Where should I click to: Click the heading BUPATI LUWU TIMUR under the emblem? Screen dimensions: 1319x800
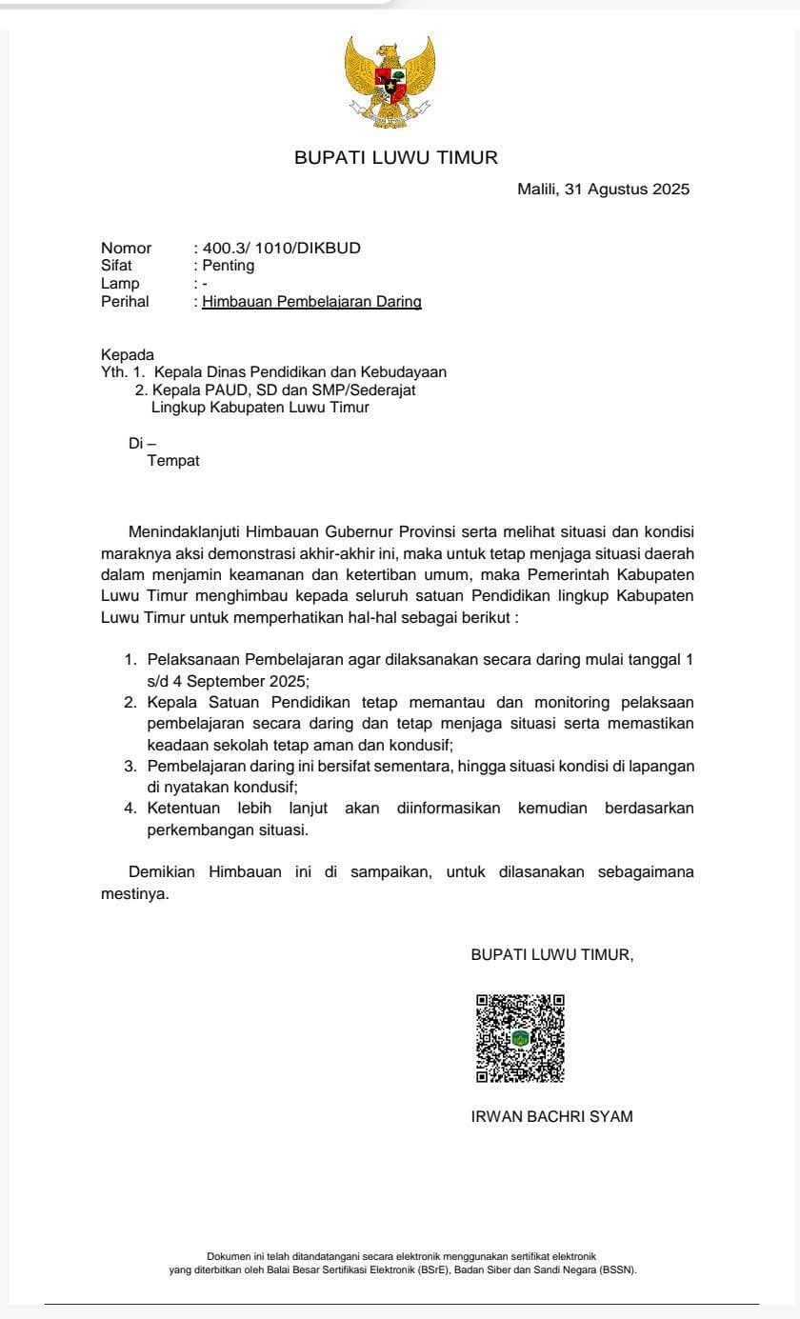coord(396,158)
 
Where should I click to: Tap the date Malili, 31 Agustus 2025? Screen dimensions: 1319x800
coord(603,189)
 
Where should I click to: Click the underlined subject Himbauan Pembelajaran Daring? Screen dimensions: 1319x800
coord(311,302)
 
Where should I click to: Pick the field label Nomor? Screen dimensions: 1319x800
coord(126,249)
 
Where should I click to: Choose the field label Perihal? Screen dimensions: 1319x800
coord(125,302)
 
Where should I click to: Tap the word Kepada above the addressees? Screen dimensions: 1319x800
coord(127,355)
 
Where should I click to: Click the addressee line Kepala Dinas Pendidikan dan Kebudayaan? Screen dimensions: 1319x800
coord(300,372)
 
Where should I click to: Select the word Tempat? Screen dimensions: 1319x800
coord(173,461)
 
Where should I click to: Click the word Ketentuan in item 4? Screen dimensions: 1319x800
coord(184,808)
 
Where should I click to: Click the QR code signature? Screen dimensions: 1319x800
coord(520,1038)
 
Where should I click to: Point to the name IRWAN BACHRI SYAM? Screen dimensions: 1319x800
coord(551,1116)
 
